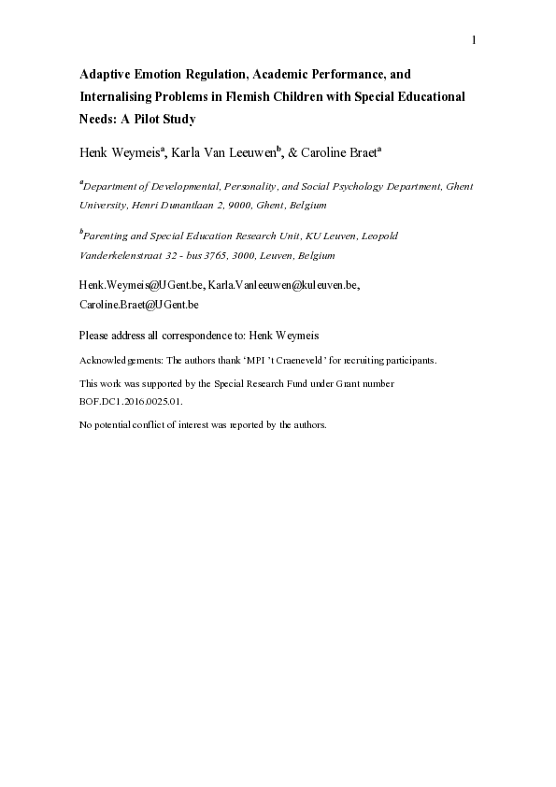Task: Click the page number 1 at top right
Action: [x=474, y=39]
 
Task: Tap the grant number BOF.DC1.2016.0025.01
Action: [x=131, y=401]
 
